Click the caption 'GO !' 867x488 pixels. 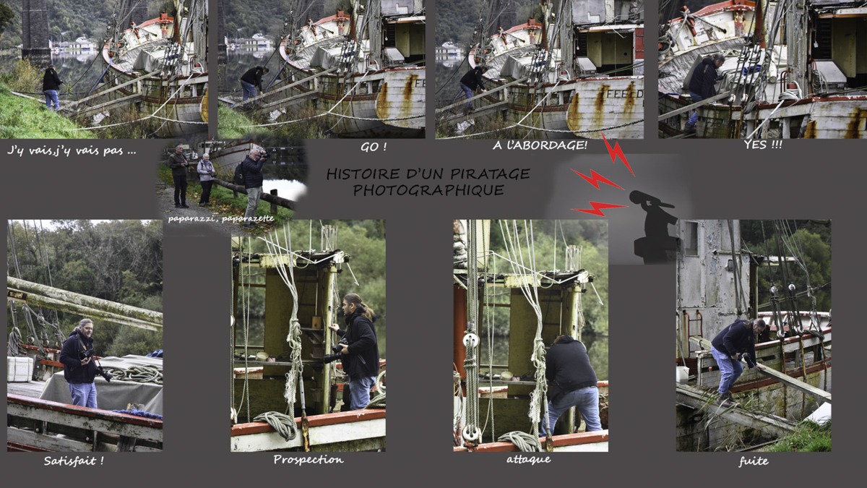pyautogui.click(x=374, y=147)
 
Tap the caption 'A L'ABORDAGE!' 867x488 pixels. pyautogui.click(x=540, y=145)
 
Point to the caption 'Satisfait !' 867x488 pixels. pyautogui.click(x=74, y=461)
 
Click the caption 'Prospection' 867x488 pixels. pyautogui.click(x=309, y=460)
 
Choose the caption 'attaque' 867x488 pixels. pyautogui.click(x=529, y=459)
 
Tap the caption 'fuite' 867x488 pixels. pyautogui.click(x=754, y=461)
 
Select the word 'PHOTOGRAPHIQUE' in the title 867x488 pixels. pyautogui.click(x=428, y=190)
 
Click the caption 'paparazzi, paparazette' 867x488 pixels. pyautogui.click(x=221, y=219)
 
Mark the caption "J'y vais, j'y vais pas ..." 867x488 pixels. pyautogui.click(x=72, y=150)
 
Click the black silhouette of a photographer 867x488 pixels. pyautogui.click(x=654, y=226)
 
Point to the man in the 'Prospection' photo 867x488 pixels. pyautogui.click(x=358, y=351)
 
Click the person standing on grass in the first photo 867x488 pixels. pyautogui.click(x=51, y=88)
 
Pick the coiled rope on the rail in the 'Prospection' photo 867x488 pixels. pyautogui.click(x=275, y=424)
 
